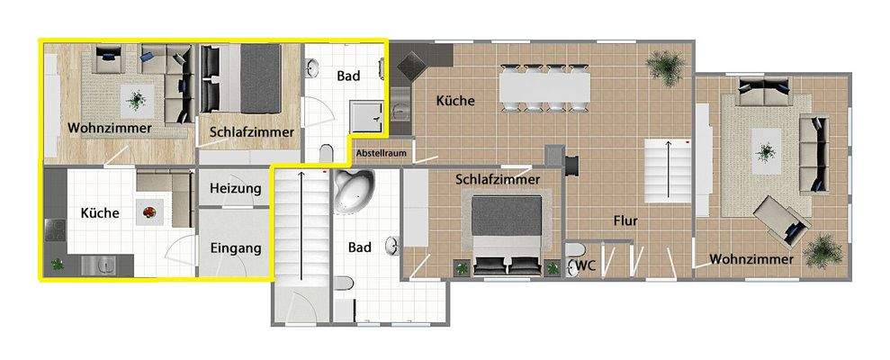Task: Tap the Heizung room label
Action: pos(235,188)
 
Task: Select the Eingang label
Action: pos(235,247)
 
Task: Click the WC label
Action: pos(586,265)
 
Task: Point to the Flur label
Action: pos(626,220)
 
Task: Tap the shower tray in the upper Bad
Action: pos(368,114)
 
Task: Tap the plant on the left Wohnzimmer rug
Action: pos(136,99)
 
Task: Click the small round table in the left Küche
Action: pos(147,213)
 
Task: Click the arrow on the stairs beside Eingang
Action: pos(300,216)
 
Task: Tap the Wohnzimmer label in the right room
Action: pos(751,260)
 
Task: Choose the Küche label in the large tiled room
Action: pos(455,101)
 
